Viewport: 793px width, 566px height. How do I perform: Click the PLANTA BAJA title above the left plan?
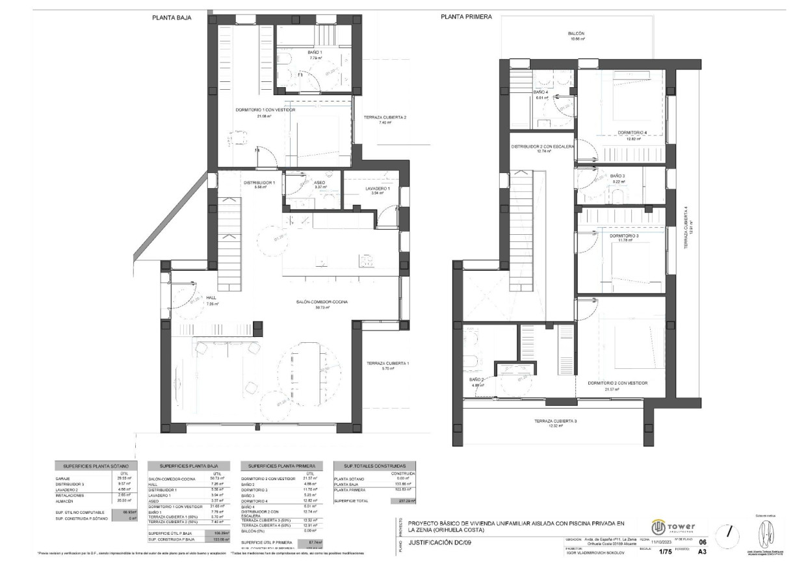(x=172, y=18)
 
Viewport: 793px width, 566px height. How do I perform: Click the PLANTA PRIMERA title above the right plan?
(x=466, y=17)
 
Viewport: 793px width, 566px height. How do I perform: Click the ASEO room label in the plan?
(x=320, y=183)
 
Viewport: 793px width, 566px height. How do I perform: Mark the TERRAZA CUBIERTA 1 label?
(x=387, y=363)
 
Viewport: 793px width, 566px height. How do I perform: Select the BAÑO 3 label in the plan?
(x=617, y=176)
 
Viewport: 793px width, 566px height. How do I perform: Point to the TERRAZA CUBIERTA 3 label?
(x=556, y=421)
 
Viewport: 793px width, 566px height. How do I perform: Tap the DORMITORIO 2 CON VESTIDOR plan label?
(x=617, y=383)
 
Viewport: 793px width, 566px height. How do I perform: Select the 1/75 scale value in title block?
(x=665, y=552)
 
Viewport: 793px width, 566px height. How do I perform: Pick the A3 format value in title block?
(x=701, y=552)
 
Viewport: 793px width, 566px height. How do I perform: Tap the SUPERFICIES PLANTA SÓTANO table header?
(x=96, y=466)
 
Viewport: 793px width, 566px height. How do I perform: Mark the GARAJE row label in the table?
(x=63, y=478)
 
